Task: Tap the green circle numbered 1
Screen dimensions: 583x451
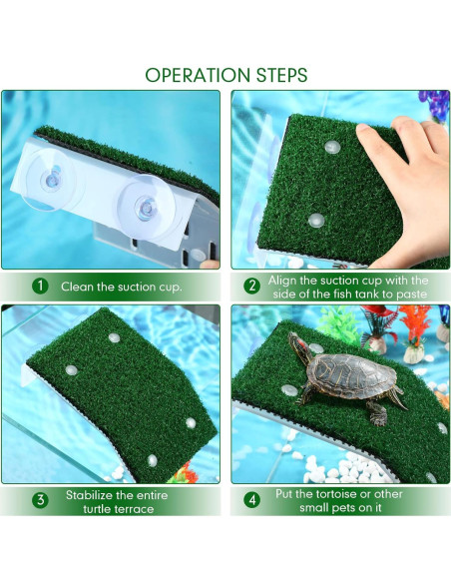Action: pyautogui.click(x=39, y=287)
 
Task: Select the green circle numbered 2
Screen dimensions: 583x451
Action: pyautogui.click(x=252, y=287)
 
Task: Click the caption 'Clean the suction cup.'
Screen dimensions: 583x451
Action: pyautogui.click(x=121, y=288)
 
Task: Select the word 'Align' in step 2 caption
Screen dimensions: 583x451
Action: pyautogui.click(x=285, y=281)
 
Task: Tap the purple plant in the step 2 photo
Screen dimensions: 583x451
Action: pyautogui.click(x=433, y=104)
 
